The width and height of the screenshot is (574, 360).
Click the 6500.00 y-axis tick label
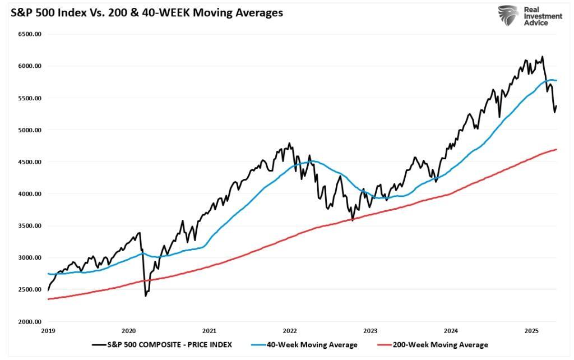point(30,34)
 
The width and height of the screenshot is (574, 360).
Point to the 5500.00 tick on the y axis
point(30,98)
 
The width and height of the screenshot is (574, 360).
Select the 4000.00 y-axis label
point(30,194)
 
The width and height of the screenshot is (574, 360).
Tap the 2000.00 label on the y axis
point(30,322)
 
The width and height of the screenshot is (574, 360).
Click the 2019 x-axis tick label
point(48,331)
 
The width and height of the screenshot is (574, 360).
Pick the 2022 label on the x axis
point(290,331)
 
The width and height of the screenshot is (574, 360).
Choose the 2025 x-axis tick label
point(531,331)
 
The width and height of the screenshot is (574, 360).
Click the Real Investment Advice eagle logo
point(508,17)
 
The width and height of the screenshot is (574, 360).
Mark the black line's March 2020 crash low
point(146,295)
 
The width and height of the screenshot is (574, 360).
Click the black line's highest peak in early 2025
point(542,57)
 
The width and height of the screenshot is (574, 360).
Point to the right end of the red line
point(557,149)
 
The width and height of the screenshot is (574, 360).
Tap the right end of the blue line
point(557,80)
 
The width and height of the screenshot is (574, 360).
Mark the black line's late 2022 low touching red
point(353,220)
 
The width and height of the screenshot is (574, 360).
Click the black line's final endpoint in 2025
point(557,105)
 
